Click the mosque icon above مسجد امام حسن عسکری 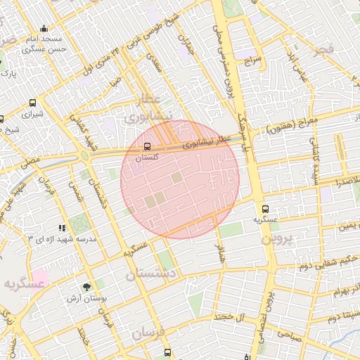(44, 29)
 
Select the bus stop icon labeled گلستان (147, 147)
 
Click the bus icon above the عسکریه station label (265, 209)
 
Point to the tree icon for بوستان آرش (86, 287)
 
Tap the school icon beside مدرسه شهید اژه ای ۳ (63, 228)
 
